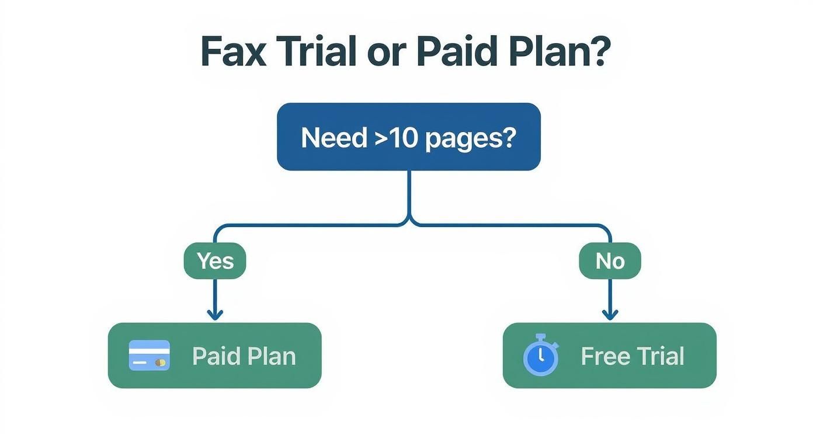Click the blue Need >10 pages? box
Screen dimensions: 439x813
(408, 137)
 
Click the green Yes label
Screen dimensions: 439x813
(215, 261)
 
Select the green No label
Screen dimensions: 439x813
(610, 261)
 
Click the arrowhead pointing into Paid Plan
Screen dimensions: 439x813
(215, 315)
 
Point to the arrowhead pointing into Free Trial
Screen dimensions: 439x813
(610, 315)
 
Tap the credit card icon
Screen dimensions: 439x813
(150, 356)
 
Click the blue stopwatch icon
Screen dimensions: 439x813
(541, 356)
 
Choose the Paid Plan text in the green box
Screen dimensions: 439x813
(244, 356)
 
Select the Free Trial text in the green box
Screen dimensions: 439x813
(632, 356)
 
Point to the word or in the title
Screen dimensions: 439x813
(385, 53)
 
